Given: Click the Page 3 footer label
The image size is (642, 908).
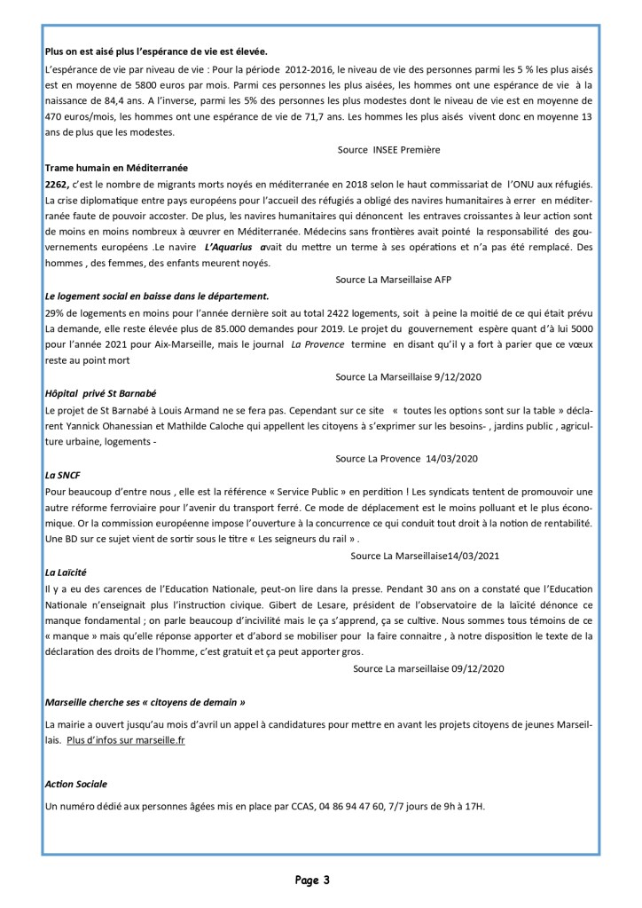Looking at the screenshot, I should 313,880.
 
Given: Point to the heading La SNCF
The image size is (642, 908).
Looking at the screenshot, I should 62,475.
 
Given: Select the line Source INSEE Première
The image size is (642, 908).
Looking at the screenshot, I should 388,150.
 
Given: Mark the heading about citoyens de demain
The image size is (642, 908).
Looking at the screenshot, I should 145,701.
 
